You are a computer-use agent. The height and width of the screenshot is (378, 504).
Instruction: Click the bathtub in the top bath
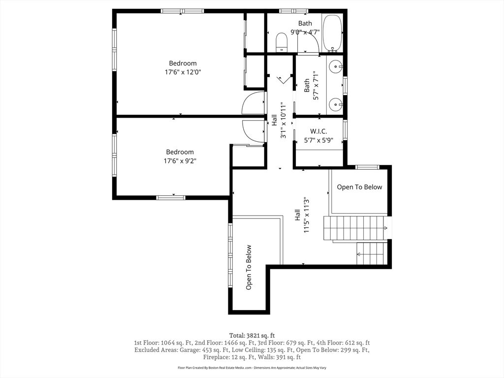[332, 33]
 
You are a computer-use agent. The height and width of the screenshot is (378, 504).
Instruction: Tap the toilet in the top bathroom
[282, 42]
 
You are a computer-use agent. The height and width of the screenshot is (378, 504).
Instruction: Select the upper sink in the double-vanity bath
[336, 67]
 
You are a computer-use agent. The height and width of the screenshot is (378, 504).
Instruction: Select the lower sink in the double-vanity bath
[336, 104]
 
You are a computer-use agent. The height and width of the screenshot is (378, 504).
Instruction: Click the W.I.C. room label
[318, 131]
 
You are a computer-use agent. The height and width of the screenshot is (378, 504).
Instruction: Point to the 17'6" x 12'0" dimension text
[183, 72]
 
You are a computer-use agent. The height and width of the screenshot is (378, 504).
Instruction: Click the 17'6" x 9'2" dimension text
[180, 161]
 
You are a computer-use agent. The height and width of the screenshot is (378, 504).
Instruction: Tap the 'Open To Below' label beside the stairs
[359, 187]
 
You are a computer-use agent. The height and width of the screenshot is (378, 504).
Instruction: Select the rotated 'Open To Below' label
[249, 267]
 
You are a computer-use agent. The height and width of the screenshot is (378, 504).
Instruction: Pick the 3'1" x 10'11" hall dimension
[283, 121]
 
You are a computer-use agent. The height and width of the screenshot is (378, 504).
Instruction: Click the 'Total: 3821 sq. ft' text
[252, 336]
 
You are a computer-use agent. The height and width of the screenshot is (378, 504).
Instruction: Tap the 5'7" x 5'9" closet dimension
[318, 140]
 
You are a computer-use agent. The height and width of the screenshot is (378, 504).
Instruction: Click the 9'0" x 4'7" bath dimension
[305, 32]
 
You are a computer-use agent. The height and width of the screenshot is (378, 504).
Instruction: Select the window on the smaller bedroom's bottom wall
[171, 197]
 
